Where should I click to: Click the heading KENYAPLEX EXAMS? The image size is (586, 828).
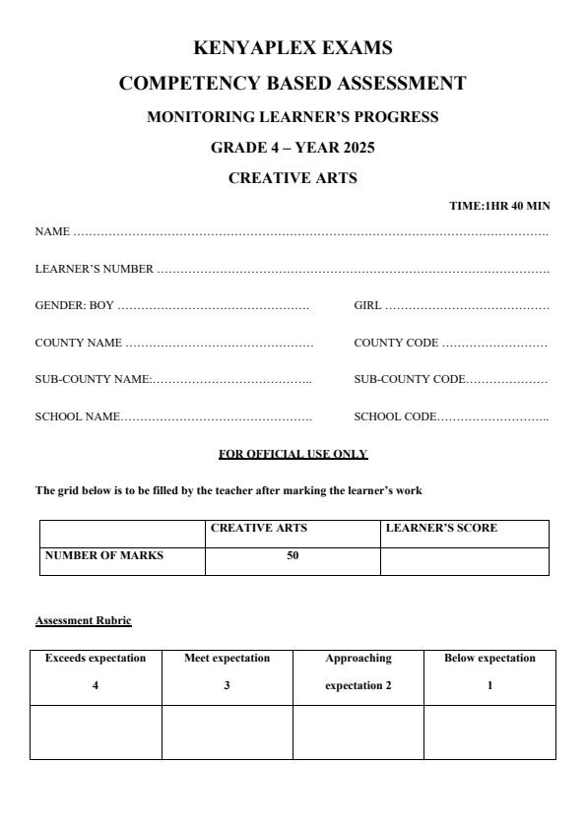pyautogui.click(x=293, y=47)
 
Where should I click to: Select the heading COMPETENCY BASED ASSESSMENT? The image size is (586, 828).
pyautogui.click(x=293, y=84)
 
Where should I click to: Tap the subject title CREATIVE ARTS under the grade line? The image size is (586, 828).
pyautogui.click(x=293, y=178)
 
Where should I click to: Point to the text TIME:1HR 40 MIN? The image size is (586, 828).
pyautogui.click(x=499, y=206)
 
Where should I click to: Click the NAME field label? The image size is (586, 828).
pyautogui.click(x=52, y=232)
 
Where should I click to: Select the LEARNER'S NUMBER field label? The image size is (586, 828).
pyautogui.click(x=95, y=269)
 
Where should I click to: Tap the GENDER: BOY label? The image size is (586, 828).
pyautogui.click(x=75, y=306)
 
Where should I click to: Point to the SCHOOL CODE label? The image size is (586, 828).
pyautogui.click(x=394, y=416)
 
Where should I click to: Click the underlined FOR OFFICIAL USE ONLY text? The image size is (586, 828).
pyautogui.click(x=293, y=454)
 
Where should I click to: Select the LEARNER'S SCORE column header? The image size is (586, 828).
pyautogui.click(x=441, y=528)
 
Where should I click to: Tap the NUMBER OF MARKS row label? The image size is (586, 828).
pyautogui.click(x=104, y=555)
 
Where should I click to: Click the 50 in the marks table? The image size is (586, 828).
pyautogui.click(x=293, y=555)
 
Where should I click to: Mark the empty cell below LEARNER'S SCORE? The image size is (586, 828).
pyautogui.click(x=464, y=561)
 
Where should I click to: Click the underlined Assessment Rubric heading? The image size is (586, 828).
pyautogui.click(x=83, y=620)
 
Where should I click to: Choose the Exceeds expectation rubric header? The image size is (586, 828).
pyautogui.click(x=96, y=658)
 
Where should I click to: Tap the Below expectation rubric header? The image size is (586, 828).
pyautogui.click(x=489, y=658)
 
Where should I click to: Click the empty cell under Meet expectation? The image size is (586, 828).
pyautogui.click(x=227, y=732)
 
